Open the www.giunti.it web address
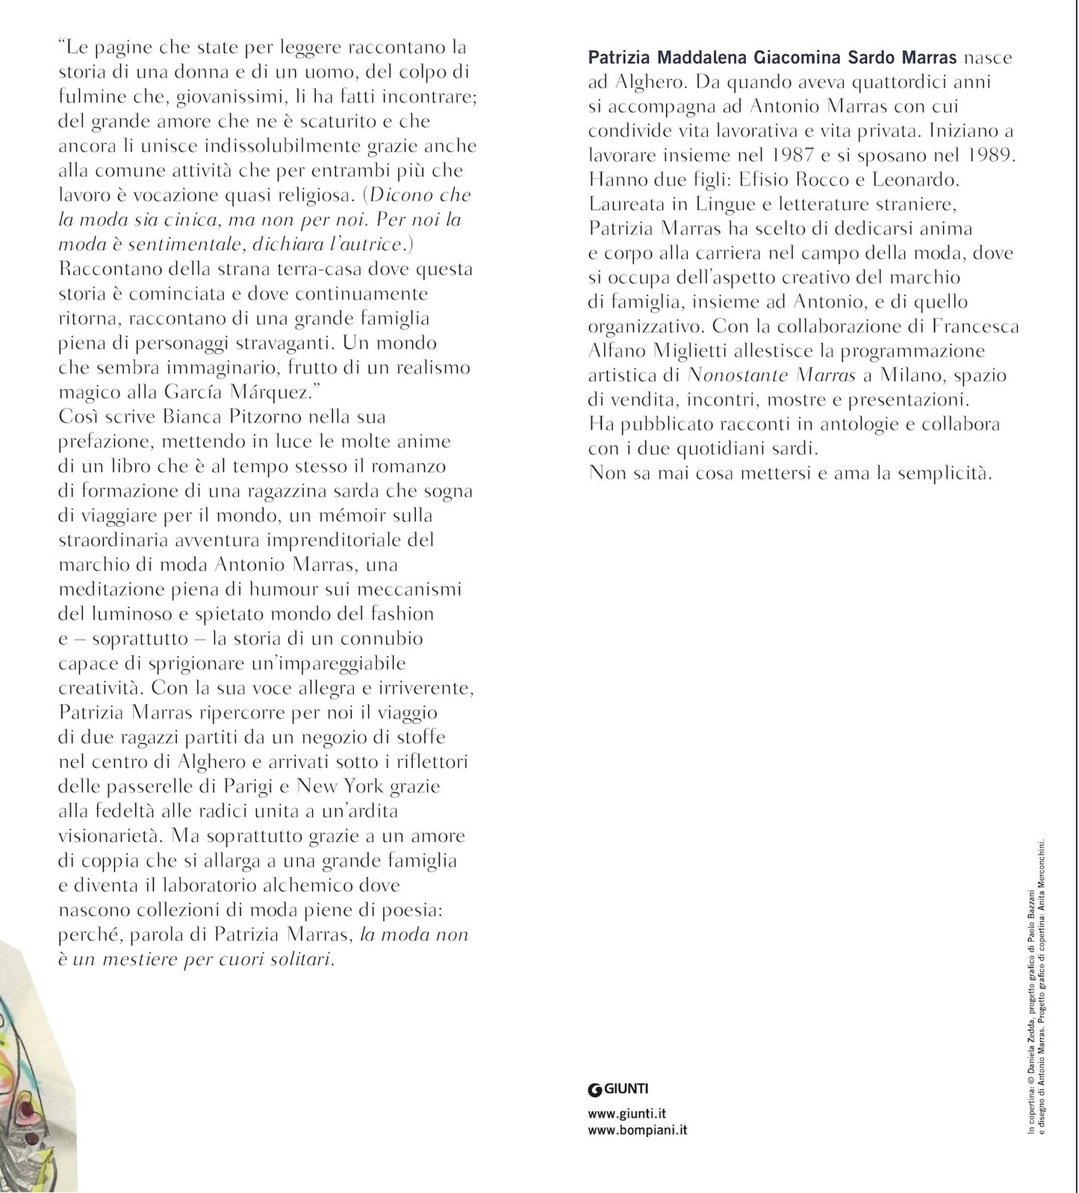point(626,1115)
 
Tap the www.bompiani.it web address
point(638,1130)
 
